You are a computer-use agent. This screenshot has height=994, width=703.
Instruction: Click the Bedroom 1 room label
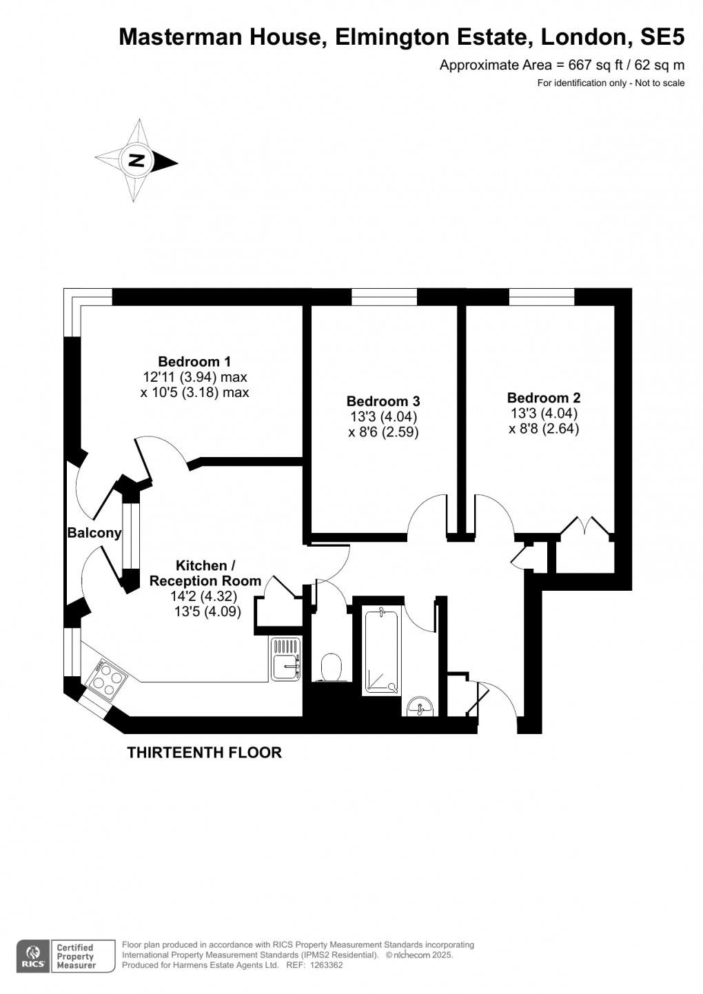point(194,361)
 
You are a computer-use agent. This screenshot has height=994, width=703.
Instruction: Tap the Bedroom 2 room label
point(543,398)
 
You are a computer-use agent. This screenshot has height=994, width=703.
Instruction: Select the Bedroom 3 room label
point(383,401)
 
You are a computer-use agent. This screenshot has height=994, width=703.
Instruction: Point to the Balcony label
point(94,533)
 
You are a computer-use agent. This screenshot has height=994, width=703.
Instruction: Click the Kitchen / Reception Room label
point(205,573)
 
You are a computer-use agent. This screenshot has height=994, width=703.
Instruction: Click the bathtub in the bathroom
point(380,651)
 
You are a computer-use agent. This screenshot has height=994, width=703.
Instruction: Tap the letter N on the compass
point(136,161)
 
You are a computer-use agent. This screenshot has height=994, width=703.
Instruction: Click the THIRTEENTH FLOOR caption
point(204,753)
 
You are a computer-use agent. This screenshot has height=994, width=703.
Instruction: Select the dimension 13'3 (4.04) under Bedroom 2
point(543,414)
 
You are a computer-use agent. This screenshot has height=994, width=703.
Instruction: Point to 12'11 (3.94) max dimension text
point(194,377)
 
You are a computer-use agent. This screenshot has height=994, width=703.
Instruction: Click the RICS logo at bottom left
point(32,956)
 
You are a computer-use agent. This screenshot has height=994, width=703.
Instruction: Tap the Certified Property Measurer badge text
point(76,957)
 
